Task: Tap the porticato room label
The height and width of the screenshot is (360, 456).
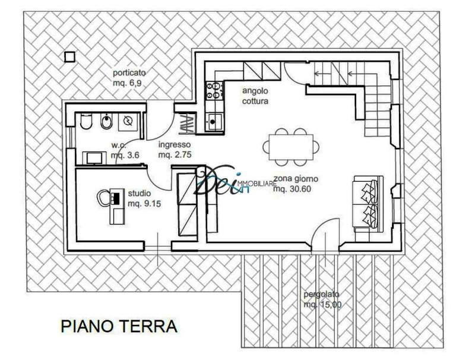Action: [129, 73]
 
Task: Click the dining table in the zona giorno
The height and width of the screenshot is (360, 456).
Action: [291, 145]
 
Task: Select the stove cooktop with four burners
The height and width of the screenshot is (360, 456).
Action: [213, 91]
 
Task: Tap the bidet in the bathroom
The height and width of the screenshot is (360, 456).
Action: [106, 122]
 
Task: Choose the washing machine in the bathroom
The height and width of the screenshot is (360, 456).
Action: [127, 121]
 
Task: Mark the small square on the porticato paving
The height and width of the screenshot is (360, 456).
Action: [70, 56]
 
